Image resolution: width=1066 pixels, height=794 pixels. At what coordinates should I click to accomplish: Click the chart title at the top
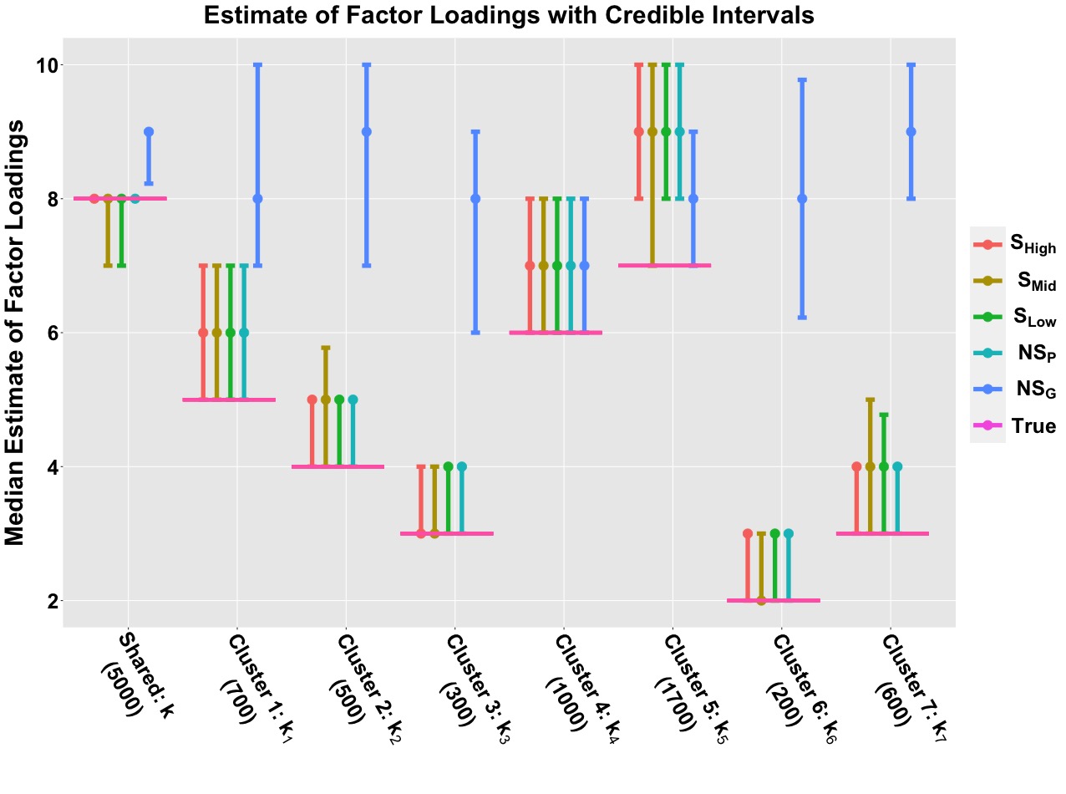pos(509,15)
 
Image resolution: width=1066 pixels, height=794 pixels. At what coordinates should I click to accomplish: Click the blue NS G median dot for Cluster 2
pos(367,132)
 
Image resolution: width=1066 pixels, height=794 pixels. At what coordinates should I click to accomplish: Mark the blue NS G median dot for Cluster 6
pos(802,199)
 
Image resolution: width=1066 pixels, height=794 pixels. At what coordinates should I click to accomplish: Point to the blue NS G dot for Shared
pos(149,132)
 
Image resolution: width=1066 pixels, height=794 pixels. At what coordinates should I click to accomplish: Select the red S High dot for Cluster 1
pos(203,333)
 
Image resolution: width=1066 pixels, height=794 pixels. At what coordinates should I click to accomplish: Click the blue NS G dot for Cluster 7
pos(911,132)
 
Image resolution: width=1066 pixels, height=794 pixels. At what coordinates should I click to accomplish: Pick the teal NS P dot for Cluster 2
pos(353,400)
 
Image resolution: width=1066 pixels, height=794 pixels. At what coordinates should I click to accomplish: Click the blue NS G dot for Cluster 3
pos(475,199)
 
